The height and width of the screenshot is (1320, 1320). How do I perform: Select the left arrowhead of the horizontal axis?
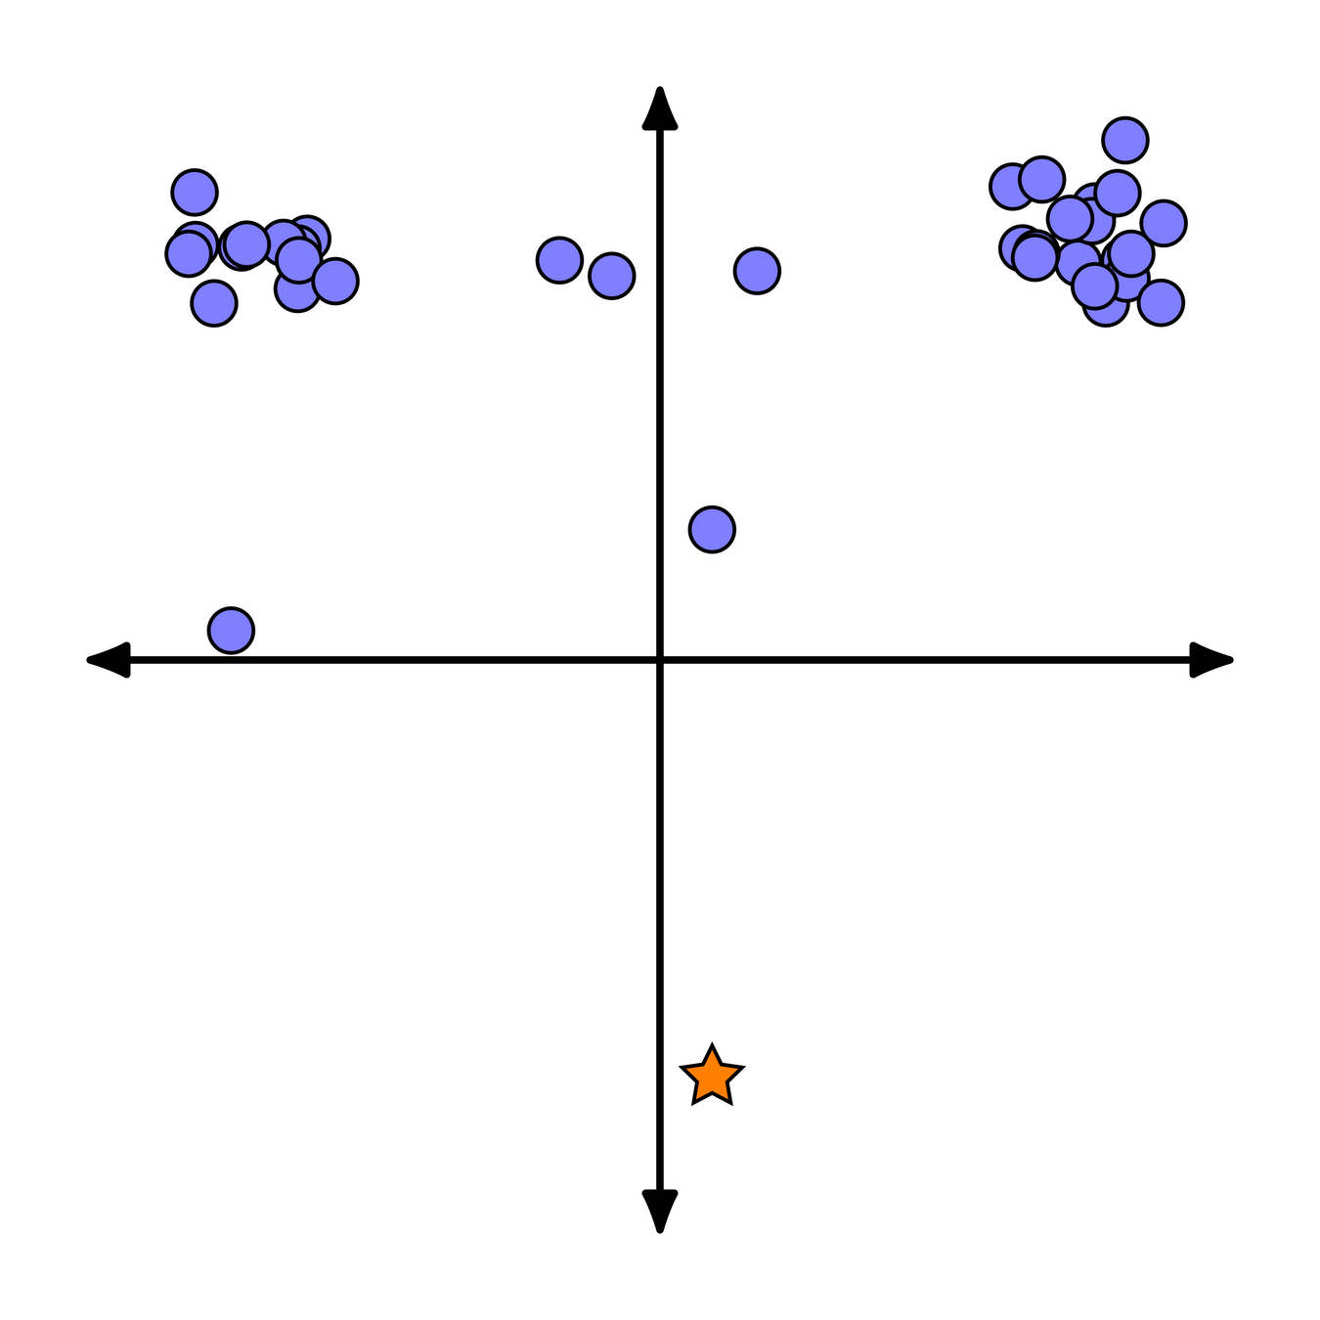[x=107, y=660]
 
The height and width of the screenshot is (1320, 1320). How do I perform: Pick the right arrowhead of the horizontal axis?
[x=1213, y=660]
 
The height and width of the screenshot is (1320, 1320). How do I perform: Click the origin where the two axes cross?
[x=660, y=660]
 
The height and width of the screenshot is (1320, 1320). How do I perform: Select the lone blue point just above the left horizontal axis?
[x=231, y=630]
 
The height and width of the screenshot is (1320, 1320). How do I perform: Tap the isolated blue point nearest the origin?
[x=712, y=529]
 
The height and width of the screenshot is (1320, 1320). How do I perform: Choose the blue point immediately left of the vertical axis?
[x=611, y=275]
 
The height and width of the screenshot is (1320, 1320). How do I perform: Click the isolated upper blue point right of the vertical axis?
[x=757, y=270]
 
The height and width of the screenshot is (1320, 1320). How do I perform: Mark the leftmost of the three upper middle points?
[x=559, y=260]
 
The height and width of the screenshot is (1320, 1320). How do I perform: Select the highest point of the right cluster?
[x=1124, y=140]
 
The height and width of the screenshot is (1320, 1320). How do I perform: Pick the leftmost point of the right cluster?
[x=1012, y=186]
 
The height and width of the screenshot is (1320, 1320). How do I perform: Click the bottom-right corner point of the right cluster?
[x=1161, y=301]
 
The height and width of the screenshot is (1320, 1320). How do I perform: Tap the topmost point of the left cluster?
[x=195, y=192]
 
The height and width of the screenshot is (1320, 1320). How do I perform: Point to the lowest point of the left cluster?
[x=214, y=302]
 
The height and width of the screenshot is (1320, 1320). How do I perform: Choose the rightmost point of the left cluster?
[x=335, y=281]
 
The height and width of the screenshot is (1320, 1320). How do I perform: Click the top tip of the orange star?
[x=712, y=1045]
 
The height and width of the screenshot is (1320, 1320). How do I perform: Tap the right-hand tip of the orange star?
[x=743, y=1068]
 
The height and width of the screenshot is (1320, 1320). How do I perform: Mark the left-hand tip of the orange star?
[x=682, y=1068]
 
